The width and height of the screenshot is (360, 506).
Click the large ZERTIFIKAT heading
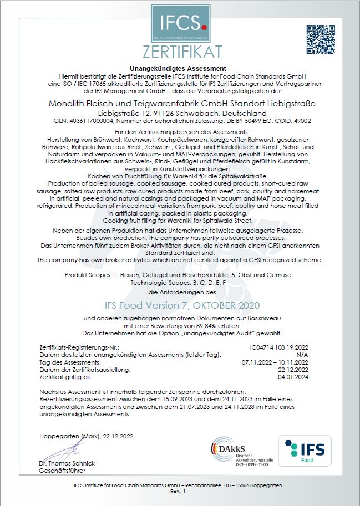pyautogui.click(x=181, y=51)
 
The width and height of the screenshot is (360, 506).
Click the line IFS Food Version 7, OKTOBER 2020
pyautogui.click(x=181, y=305)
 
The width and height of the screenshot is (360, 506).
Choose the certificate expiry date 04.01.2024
pyautogui.click(x=293, y=376)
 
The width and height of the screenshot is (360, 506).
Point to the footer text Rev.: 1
pyautogui.click(x=180, y=492)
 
